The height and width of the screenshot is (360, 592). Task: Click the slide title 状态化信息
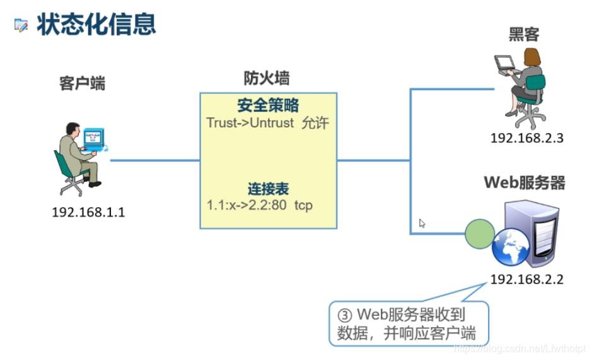(x=96, y=25)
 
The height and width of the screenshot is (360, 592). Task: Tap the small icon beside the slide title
(x=21, y=26)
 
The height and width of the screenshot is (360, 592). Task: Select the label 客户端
(x=83, y=83)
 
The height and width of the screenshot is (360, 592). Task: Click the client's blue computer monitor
(x=93, y=137)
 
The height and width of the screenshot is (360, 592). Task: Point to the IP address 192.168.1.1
(x=88, y=212)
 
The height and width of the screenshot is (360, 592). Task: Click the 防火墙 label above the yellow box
(x=267, y=78)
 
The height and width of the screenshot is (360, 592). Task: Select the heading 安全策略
(x=268, y=105)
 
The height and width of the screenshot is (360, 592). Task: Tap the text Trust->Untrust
(x=250, y=123)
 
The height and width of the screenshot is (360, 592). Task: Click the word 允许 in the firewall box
(x=315, y=123)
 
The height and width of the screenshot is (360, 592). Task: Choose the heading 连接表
(x=268, y=189)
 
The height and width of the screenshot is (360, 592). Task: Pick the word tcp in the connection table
(x=303, y=206)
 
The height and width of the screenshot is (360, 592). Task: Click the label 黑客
(x=524, y=35)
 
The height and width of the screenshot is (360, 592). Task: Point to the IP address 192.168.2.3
(x=527, y=138)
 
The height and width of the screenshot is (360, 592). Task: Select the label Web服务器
(x=525, y=183)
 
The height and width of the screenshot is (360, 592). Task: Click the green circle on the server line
(x=480, y=234)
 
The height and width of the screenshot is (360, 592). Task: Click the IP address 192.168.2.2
(x=527, y=279)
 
